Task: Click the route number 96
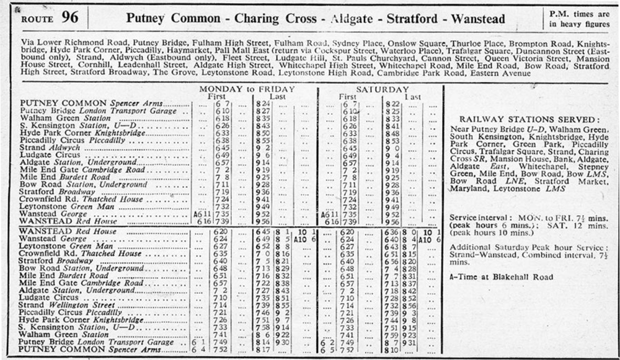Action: [70, 18]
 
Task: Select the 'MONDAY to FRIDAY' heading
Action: [246, 89]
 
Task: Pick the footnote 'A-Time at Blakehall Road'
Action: [501, 277]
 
